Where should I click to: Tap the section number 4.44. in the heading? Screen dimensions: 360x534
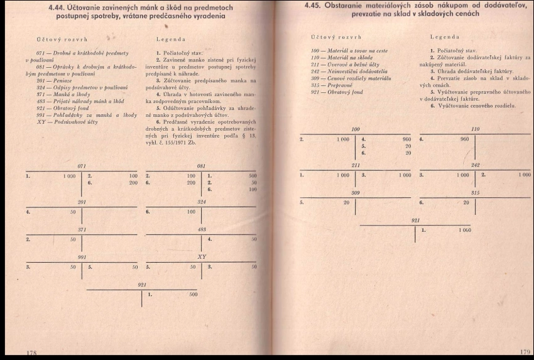(x=60, y=8)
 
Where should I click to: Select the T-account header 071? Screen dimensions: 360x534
(x=81, y=165)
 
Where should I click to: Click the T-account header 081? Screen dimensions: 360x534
(x=202, y=166)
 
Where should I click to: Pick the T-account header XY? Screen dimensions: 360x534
(x=202, y=256)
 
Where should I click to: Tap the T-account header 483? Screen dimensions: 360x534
(x=202, y=230)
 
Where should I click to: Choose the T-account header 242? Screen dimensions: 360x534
(x=475, y=165)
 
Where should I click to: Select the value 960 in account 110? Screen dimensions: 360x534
(x=464, y=139)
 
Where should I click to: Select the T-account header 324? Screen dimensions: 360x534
(x=202, y=202)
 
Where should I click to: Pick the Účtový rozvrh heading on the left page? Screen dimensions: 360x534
(x=58, y=39)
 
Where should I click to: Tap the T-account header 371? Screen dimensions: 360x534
(x=81, y=230)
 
